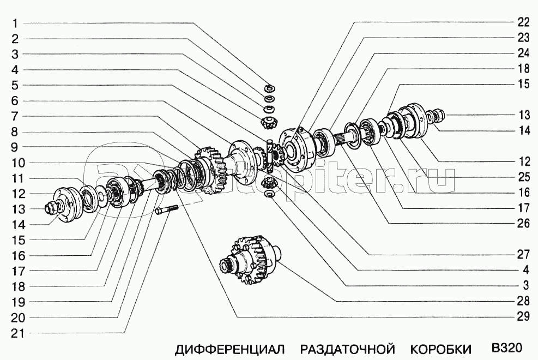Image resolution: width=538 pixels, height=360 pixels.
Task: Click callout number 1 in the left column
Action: click(15, 23)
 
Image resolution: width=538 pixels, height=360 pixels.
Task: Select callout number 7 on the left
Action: click(15, 116)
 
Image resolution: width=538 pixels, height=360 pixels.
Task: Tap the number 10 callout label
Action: click(18, 163)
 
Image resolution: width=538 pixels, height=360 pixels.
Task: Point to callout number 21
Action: click(18, 333)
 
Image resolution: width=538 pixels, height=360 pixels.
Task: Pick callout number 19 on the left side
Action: click(18, 302)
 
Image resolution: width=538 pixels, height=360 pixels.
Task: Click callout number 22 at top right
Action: click(523, 22)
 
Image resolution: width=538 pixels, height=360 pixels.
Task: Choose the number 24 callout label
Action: click(523, 53)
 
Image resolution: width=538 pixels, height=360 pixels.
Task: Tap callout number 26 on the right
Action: click(523, 224)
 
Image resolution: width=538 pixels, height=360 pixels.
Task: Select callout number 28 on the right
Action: click(523, 301)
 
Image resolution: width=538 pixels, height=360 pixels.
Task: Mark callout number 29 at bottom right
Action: click(523, 316)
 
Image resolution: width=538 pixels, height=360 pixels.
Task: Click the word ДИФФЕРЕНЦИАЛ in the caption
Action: click(230, 349)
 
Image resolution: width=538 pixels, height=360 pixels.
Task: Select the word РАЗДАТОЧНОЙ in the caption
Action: click(348, 349)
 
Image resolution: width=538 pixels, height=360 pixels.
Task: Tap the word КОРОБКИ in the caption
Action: click(441, 349)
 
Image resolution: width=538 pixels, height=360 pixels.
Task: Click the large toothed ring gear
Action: click(210, 171)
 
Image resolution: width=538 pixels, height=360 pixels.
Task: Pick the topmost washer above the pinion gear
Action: click(270, 88)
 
